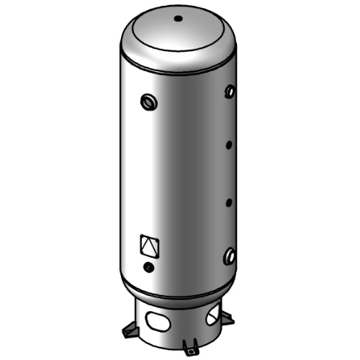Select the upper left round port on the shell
point(150,102)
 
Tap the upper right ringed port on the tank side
point(230,91)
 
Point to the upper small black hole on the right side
point(229,145)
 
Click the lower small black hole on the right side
point(229,202)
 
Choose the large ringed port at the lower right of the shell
point(230,255)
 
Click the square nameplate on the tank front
point(148,246)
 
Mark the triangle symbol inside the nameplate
point(148,247)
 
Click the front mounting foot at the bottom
point(189,349)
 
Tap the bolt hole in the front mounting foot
point(189,351)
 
